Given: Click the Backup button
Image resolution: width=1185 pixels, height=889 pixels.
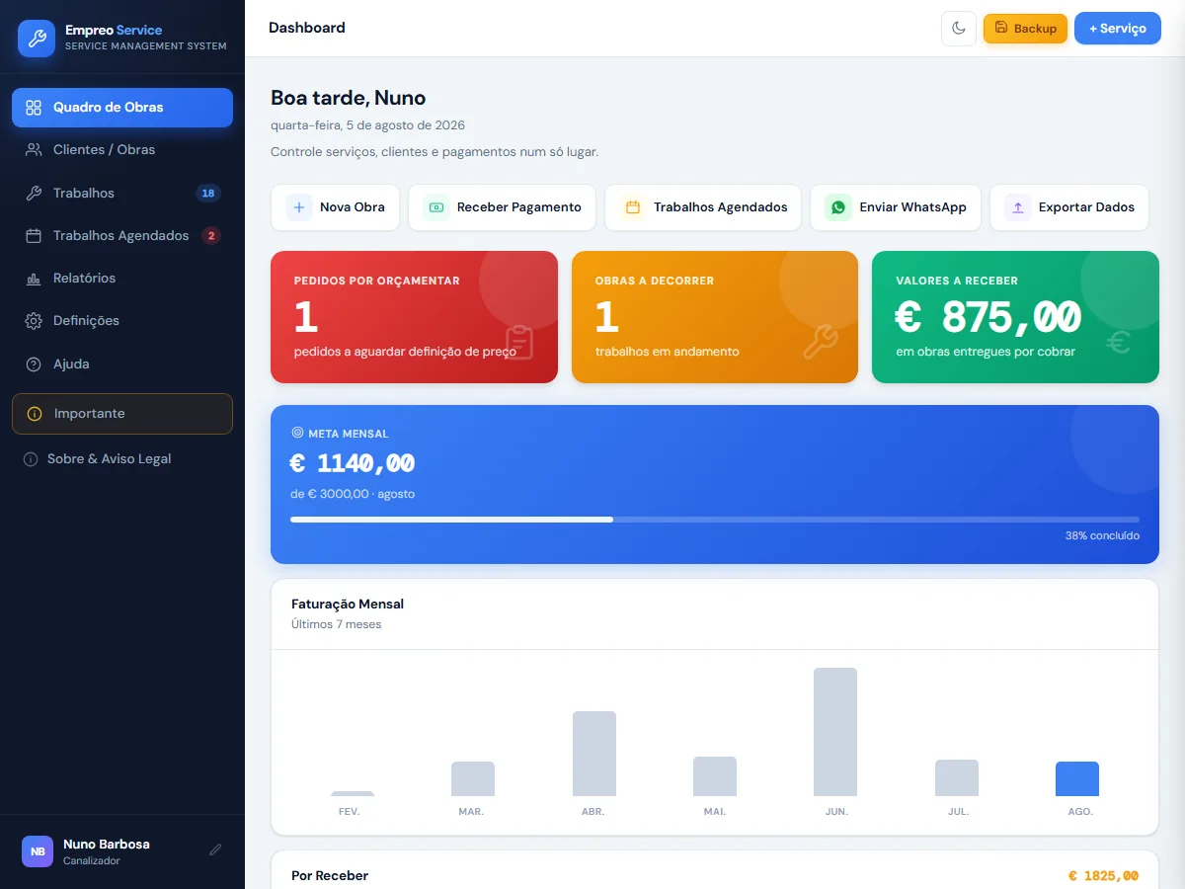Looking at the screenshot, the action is click(x=1025, y=28).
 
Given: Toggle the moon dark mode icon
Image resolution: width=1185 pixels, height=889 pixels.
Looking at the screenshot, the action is click(x=958, y=28).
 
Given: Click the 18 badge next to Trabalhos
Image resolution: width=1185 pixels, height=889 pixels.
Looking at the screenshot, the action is click(x=207, y=193).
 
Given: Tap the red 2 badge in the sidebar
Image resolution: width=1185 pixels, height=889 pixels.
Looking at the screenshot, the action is click(x=211, y=235).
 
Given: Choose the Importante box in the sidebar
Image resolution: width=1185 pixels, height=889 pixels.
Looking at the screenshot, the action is click(x=122, y=414).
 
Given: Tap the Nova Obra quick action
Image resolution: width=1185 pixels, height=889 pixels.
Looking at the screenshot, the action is click(x=335, y=207).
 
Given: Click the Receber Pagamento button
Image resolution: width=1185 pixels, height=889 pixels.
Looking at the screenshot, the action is click(x=502, y=207).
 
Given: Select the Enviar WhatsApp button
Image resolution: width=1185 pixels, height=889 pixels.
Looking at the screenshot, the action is click(x=895, y=207).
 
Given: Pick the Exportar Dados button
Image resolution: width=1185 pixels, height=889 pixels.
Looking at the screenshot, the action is click(x=1068, y=207).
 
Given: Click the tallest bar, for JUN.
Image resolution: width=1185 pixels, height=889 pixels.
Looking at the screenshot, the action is click(x=835, y=731).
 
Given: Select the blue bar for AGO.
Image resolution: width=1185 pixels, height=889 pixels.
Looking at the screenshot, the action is click(x=1077, y=778).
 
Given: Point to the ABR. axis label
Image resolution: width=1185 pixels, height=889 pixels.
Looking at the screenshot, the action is click(x=592, y=811).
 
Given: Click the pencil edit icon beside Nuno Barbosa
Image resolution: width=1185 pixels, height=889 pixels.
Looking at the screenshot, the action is click(x=215, y=850).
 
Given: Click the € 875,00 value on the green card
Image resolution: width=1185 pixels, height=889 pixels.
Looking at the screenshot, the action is click(x=987, y=317).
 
